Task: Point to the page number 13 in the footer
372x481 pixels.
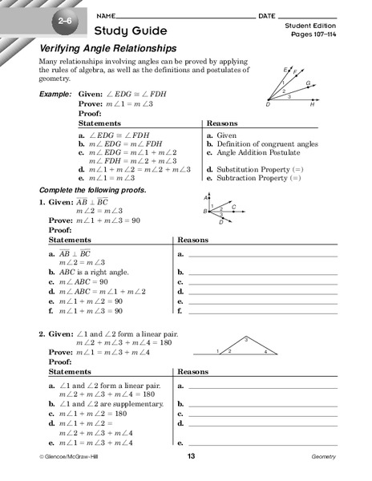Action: pyautogui.click(x=191, y=457)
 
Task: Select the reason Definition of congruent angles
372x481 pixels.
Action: pyautogui.click(x=264, y=144)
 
